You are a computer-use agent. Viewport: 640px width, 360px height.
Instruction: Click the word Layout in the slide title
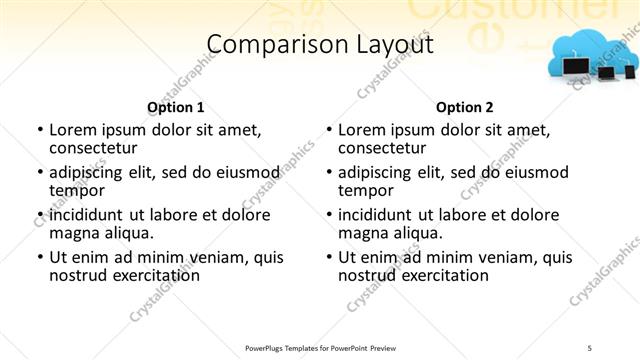[x=396, y=44]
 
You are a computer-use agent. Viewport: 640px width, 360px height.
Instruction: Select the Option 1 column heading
[x=175, y=107]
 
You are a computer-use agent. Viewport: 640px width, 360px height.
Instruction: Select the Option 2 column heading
[x=465, y=107]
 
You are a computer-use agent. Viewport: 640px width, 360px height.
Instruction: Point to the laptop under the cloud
[x=578, y=68]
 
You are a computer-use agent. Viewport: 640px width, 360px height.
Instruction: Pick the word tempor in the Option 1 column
[x=77, y=190]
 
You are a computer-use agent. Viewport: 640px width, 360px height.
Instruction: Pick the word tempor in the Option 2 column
[x=366, y=190]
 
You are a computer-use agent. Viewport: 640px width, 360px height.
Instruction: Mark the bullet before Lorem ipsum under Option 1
[x=39, y=130]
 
